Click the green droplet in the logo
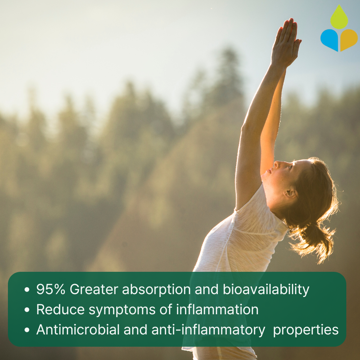(x=339, y=18)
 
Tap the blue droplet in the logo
(x=330, y=39)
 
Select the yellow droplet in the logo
(x=348, y=39)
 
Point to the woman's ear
(x=291, y=192)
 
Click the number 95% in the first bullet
(x=51, y=289)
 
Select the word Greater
(x=94, y=289)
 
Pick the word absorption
(x=156, y=289)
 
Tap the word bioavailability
(x=266, y=289)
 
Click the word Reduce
(x=60, y=310)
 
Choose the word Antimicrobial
(x=78, y=330)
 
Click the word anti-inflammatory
(x=208, y=330)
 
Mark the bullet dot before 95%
(x=27, y=289)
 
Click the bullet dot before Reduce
(x=27, y=310)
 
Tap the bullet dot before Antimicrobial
(x=27, y=330)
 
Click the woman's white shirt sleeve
(x=257, y=213)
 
